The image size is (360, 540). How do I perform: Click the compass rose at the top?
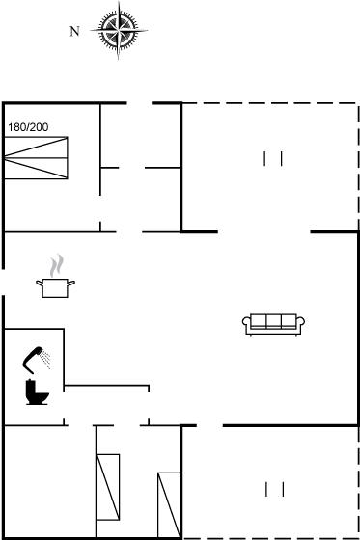pos(119,30)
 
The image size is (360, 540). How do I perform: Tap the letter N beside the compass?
pos(74,31)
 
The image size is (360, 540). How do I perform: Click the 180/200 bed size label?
pos(28,127)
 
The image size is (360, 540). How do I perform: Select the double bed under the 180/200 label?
pos(36,158)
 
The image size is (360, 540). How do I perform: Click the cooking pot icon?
pos(55,288)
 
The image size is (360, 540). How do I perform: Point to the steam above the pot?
pos(57,265)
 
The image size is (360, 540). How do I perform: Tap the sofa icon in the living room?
pos(273,324)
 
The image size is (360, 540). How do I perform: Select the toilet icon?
pos(37,391)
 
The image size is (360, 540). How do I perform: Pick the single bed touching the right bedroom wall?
pos(169,505)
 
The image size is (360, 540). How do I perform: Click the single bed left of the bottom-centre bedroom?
pos(108,487)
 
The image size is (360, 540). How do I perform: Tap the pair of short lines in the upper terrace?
pos(273,159)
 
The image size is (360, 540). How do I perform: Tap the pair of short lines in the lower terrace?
pos(275,490)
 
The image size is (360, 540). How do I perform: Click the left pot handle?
pos(40,283)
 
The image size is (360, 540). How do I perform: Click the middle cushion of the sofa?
pos(273,321)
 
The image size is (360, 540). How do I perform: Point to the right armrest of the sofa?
pos(301,322)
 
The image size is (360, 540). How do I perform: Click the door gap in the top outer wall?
pos(140,103)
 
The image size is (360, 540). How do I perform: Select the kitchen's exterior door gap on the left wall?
pos(4,282)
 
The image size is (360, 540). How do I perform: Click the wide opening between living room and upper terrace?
pos(264,232)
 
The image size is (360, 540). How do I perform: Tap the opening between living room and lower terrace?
pos(209,426)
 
